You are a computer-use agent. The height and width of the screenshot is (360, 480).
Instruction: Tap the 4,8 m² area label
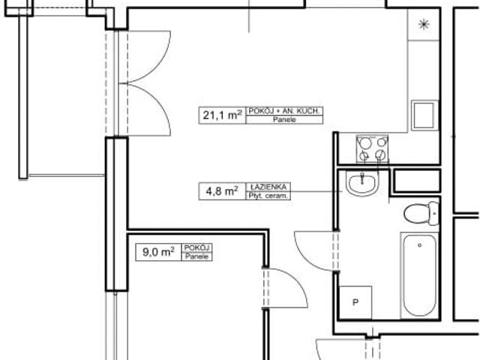[x=218, y=191]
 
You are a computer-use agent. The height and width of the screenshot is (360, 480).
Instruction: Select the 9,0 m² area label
[x=159, y=252]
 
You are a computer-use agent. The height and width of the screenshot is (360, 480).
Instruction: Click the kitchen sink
[x=425, y=115]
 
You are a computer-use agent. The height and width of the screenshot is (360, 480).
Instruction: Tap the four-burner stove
[x=373, y=148]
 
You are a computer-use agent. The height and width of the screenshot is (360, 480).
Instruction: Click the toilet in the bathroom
[x=419, y=214]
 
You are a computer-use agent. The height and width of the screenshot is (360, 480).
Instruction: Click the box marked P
[x=355, y=301]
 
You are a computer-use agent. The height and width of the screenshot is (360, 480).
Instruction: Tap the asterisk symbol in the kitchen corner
[x=424, y=25]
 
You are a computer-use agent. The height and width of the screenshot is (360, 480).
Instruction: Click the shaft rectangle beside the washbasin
[x=416, y=180]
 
